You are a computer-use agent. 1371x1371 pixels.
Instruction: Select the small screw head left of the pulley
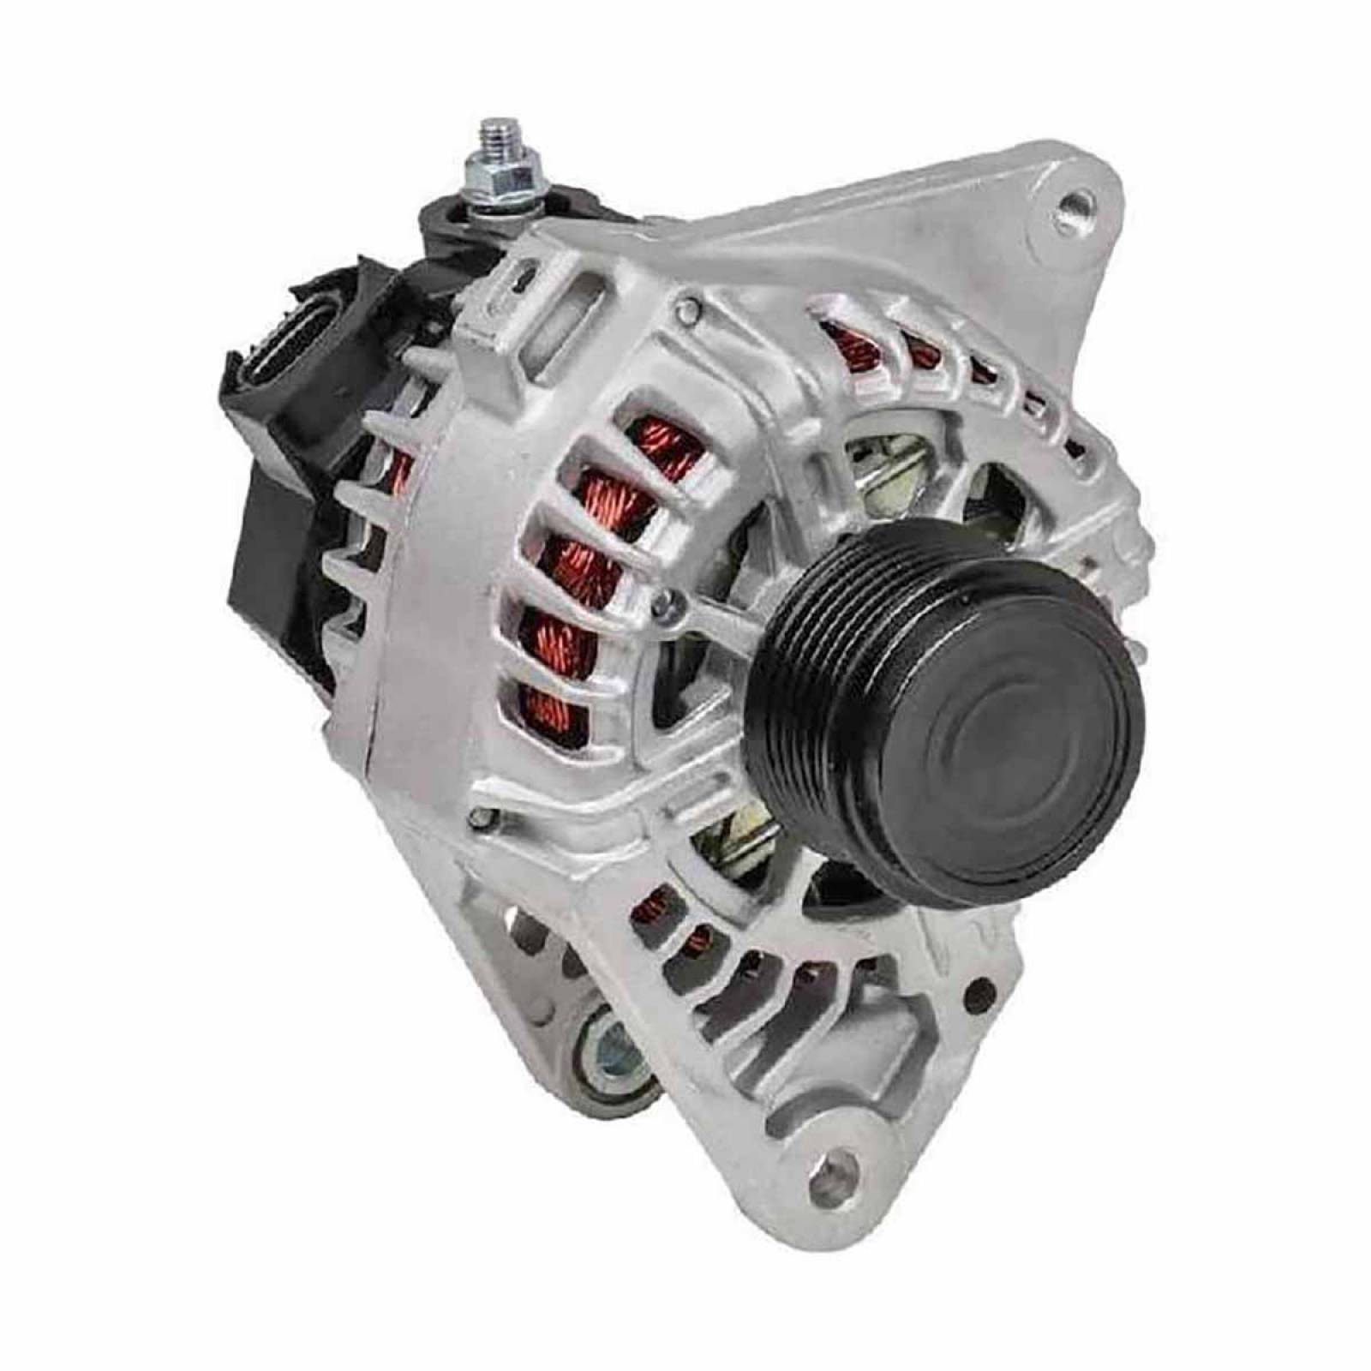[x=660, y=602]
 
